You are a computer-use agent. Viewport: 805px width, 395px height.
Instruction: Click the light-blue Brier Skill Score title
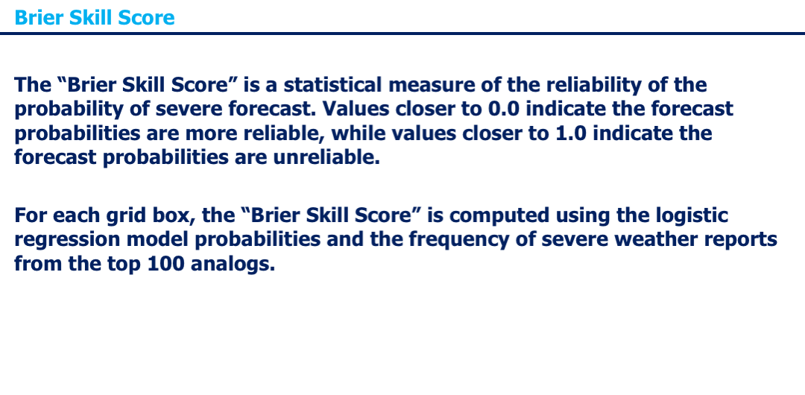[x=95, y=17]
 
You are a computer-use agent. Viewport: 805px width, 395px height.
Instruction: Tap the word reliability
[x=593, y=86]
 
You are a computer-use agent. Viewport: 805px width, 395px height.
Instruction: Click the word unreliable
[x=326, y=157]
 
